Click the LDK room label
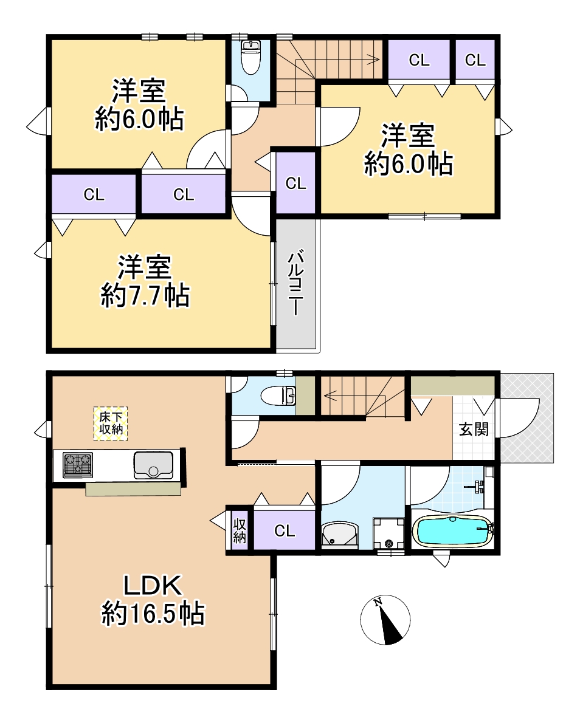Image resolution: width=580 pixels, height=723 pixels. click(152, 584)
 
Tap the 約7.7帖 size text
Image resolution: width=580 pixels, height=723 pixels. click(145, 295)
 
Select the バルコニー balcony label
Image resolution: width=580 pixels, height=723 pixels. click(295, 283)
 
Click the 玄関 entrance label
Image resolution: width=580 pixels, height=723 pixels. click(474, 430)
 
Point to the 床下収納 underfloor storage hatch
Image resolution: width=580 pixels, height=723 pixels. click(111, 423)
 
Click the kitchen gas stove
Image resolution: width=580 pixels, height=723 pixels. click(78, 465)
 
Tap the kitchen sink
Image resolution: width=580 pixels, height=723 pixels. click(154, 465)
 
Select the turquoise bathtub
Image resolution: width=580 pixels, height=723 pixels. click(453, 531)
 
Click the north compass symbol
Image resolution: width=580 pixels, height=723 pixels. click(385, 620)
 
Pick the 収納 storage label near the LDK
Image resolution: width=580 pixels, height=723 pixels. click(240, 531)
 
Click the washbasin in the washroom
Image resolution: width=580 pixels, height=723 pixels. click(340, 535)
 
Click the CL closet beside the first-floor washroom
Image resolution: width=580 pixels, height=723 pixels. click(285, 530)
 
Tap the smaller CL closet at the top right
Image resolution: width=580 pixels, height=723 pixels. click(475, 60)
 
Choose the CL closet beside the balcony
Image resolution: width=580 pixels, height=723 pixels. click(295, 183)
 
